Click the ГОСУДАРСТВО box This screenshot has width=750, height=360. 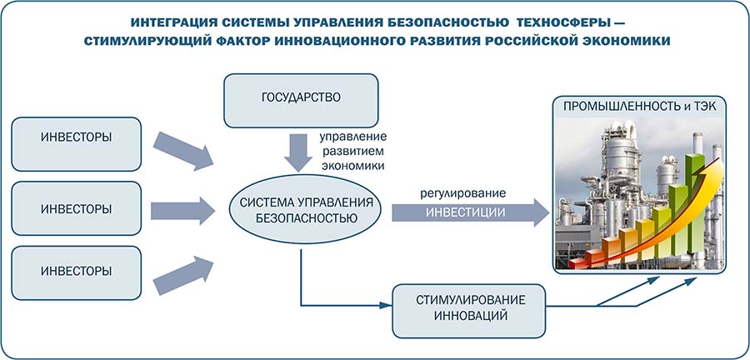point(300,96)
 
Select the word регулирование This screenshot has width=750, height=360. point(463,193)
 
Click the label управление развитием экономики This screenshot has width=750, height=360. point(353,151)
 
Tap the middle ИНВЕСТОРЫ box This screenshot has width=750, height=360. point(76,208)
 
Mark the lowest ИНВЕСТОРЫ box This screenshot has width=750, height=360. point(76,272)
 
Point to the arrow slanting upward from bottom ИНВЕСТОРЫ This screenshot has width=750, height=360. point(186,272)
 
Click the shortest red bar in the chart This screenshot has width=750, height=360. point(576,252)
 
